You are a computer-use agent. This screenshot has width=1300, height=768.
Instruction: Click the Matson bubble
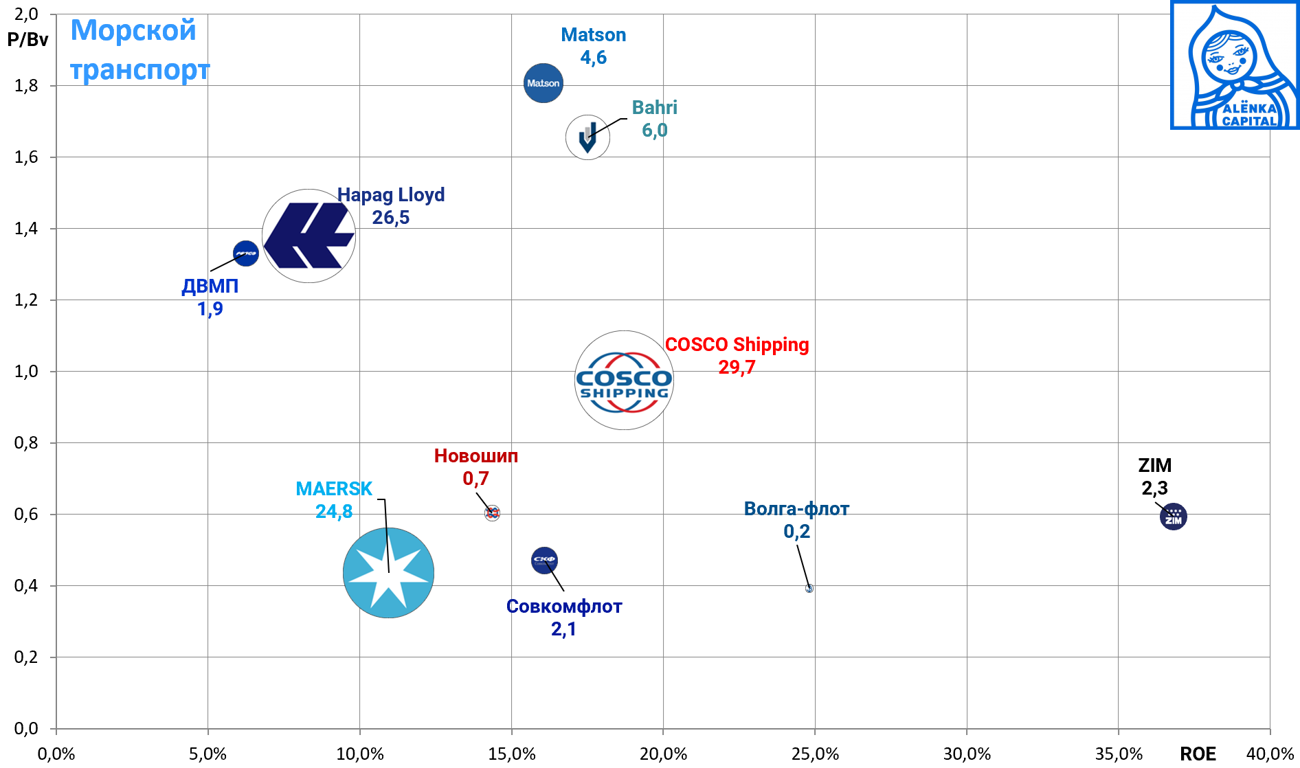(x=543, y=83)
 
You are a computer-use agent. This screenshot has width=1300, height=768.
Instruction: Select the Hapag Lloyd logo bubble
(x=309, y=236)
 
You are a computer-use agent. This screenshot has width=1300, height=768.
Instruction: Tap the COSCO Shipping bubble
(x=624, y=381)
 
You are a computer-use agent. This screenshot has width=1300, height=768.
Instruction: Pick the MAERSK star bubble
(x=388, y=573)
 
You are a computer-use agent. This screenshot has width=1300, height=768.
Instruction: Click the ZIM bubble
(x=1173, y=517)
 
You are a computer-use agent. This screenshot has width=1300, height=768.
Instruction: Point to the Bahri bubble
(x=587, y=137)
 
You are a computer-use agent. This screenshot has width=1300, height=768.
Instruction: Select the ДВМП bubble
(x=246, y=253)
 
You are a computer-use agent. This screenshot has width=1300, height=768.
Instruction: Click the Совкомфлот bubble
(x=544, y=561)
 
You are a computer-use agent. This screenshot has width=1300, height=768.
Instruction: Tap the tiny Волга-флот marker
(x=809, y=588)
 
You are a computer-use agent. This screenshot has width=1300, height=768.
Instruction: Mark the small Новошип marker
(x=492, y=513)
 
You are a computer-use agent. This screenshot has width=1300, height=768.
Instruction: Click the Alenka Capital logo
(x=1235, y=65)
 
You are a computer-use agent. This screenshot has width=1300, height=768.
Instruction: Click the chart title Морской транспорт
(x=139, y=50)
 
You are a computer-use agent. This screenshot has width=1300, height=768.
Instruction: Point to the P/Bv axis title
(x=27, y=39)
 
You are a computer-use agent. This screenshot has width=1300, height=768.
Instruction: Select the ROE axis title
(x=1198, y=754)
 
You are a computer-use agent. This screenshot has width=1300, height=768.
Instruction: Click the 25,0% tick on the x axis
(x=815, y=754)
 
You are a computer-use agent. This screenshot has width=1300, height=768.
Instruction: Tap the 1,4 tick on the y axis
(x=26, y=229)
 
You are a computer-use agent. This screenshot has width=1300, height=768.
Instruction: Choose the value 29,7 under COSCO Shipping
(x=737, y=368)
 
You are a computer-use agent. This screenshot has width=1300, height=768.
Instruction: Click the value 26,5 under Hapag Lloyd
(x=390, y=218)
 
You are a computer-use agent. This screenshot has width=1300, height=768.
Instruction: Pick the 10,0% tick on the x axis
(x=359, y=754)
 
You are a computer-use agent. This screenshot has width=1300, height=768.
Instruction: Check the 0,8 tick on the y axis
(x=26, y=443)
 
